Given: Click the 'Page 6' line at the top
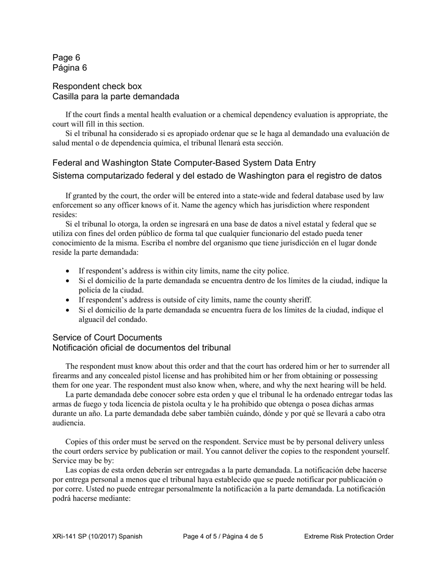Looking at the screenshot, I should pos(66,58).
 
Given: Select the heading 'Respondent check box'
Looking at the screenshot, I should pos(97,86).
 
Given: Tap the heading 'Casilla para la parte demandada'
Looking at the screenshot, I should pos(115,97).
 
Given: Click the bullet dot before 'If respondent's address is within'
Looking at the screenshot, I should pos(69,271).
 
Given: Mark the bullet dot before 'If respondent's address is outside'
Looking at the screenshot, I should pos(69,300).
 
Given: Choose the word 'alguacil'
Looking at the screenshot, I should pos(92,319).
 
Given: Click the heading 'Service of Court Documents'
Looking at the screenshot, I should pos(107,338).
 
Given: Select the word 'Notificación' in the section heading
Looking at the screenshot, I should pos(77,348).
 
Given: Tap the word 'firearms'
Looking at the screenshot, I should pos(65,376).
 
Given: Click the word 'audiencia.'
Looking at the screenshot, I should pos(69,423).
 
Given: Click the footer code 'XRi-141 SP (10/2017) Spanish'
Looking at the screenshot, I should pos(97,536).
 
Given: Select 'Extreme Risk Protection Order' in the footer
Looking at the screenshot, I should pos(348,536).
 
